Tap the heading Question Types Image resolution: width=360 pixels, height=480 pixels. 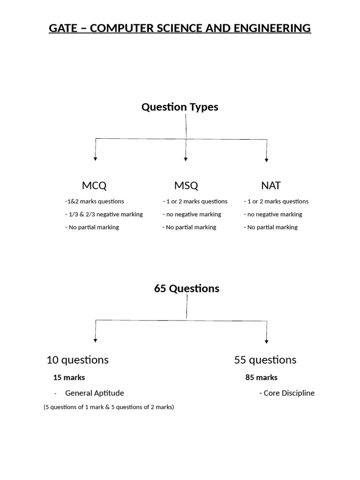point(180,107)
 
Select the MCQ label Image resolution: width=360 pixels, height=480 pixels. point(94,186)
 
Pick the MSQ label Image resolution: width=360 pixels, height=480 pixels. point(186,186)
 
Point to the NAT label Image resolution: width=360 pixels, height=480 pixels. point(271,186)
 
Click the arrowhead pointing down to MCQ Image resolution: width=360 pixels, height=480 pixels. point(96,159)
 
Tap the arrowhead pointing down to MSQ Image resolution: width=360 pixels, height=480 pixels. point(186,159)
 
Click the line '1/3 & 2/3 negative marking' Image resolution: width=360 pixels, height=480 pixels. point(104,214)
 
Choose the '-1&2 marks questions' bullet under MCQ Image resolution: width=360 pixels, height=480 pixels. point(95,202)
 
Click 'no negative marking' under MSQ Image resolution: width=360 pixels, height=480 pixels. point(192,214)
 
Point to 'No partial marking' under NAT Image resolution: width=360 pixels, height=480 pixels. point(271,227)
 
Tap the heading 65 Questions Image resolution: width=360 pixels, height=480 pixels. point(187,288)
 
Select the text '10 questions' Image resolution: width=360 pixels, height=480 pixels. point(78,360)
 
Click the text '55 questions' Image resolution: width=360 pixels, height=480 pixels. point(265,360)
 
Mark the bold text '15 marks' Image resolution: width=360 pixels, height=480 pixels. point(69,377)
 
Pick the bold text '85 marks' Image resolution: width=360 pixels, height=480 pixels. point(262,377)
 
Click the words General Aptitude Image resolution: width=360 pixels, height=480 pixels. point(95,393)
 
